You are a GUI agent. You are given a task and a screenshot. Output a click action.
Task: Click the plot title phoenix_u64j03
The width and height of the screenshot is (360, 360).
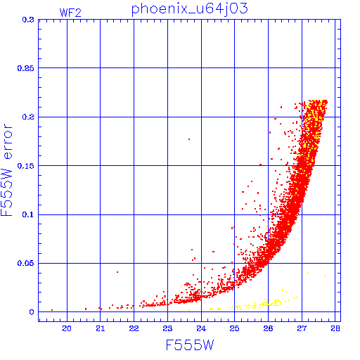pos(189,9)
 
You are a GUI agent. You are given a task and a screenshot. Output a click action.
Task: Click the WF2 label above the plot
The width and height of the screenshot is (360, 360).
pos(70,13)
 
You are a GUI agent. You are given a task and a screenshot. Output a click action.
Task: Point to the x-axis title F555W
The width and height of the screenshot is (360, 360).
pos(190,345)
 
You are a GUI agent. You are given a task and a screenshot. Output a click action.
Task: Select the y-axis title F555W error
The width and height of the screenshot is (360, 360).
pos(6,170)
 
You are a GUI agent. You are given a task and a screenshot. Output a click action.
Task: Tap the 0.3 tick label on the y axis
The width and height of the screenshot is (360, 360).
pos(28,20)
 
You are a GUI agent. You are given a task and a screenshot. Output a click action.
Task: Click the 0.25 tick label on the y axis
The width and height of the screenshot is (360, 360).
pos(26,68)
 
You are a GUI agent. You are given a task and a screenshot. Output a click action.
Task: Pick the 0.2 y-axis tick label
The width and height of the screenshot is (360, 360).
pos(28,117)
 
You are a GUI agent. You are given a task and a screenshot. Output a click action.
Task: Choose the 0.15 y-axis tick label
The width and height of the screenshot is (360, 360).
pos(26,166)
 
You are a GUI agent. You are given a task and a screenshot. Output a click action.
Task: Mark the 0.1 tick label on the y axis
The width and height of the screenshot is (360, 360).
pos(28,214)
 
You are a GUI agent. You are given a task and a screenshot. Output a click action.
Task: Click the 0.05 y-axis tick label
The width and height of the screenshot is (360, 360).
pos(26,263)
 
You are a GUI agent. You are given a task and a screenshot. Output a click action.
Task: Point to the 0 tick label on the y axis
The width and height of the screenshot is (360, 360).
pos(32,312)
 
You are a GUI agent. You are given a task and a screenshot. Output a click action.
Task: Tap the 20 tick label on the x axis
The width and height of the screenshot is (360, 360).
pos(67,328)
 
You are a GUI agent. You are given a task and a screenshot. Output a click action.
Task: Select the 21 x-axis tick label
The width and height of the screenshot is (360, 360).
pos(101,328)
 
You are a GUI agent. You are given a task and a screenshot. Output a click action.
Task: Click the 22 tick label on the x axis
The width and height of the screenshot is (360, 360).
pos(134,328)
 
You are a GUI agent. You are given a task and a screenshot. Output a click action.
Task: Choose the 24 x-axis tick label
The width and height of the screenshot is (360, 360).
pos(201,328)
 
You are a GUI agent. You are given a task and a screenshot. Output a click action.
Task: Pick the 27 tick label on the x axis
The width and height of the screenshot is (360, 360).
pos(302,328)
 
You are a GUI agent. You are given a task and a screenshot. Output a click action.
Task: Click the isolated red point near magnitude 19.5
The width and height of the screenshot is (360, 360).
pos(52,310)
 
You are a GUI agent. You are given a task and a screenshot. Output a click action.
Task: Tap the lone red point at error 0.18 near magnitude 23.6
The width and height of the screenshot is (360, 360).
pos(189,139)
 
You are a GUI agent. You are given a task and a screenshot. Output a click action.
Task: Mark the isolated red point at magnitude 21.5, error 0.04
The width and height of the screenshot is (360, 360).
pos(117,272)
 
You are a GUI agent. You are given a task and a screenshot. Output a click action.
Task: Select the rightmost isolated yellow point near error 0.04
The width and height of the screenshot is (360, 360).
pos(325,276)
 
